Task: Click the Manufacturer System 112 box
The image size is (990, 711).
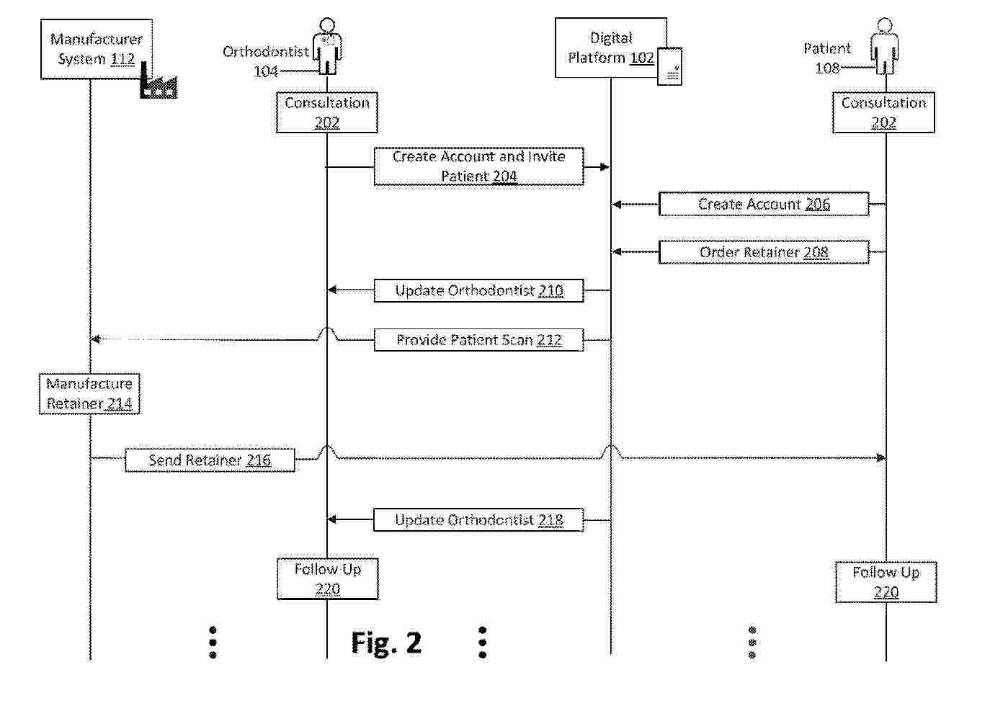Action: [x=96, y=49]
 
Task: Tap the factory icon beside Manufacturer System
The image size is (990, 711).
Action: [x=158, y=82]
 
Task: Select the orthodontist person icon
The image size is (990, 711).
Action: [x=328, y=48]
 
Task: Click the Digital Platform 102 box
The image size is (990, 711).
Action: [x=610, y=48]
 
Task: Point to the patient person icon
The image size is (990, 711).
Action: [x=885, y=48]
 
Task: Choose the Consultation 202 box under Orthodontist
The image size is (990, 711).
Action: [x=327, y=112]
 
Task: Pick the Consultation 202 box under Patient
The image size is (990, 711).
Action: [x=883, y=112]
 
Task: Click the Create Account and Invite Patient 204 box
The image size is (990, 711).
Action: [x=478, y=166]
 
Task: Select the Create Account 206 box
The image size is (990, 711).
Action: [x=764, y=205]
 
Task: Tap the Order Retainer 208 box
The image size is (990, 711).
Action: [x=764, y=252]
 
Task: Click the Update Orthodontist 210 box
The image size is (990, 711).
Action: [x=478, y=290]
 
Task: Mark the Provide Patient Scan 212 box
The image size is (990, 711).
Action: [x=478, y=340]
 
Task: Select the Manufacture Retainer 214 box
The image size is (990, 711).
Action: [x=89, y=393]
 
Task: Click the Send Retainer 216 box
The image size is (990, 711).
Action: [x=210, y=460]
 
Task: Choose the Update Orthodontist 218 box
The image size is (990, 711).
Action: [x=478, y=520]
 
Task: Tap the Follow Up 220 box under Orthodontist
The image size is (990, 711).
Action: [x=328, y=579]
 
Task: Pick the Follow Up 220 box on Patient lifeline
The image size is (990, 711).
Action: [x=886, y=582]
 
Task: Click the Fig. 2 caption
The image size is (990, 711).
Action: [x=386, y=643]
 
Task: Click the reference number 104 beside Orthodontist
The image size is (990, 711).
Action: [x=265, y=71]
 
